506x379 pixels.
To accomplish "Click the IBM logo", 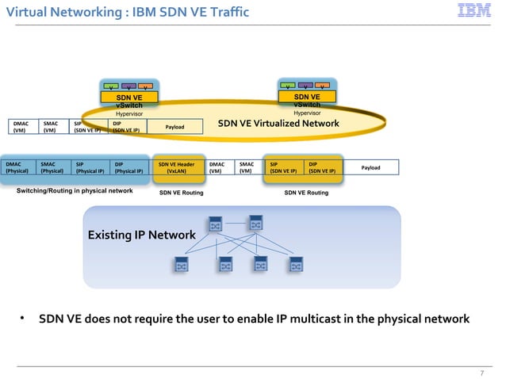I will coord(473,11).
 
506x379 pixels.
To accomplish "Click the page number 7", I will coord(481,373).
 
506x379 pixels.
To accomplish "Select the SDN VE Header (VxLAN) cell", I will coord(176,167).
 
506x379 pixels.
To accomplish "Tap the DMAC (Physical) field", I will coord(18,167).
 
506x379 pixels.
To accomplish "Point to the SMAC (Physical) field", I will coord(53,167).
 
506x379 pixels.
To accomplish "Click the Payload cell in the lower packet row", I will coord(370,167).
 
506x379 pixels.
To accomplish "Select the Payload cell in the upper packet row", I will coord(174,127).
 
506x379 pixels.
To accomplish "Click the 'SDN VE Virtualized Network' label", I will coord(278,124).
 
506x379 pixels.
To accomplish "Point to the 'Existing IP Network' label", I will coord(141,235).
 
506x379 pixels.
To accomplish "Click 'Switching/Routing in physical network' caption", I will coord(75,191).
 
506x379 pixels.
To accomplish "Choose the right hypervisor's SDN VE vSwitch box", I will coord(307,100).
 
